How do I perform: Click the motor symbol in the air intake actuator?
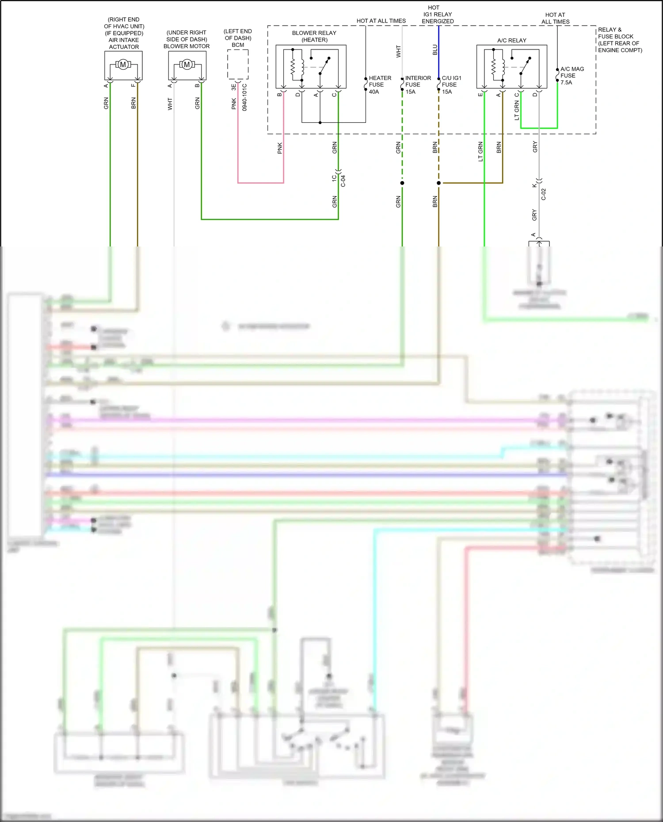point(123,65)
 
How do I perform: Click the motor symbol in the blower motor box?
point(187,65)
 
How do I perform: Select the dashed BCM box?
point(238,64)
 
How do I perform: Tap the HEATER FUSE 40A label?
point(379,85)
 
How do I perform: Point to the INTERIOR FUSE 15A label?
point(417,85)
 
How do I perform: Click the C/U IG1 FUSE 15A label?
point(451,85)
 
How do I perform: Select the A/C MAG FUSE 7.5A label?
point(572,76)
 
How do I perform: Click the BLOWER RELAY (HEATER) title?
point(314,36)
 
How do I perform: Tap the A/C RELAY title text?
point(511,40)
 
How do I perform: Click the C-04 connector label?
point(343,181)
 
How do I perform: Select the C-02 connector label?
point(544,194)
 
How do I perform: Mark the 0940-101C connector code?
point(244,97)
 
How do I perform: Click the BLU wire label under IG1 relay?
point(435,50)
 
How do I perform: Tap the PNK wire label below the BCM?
point(234,104)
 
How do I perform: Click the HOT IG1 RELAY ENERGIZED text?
point(437,14)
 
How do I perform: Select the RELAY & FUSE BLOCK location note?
point(619,40)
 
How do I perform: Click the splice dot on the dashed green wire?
point(402,183)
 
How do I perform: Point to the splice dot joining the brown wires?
point(439,183)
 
